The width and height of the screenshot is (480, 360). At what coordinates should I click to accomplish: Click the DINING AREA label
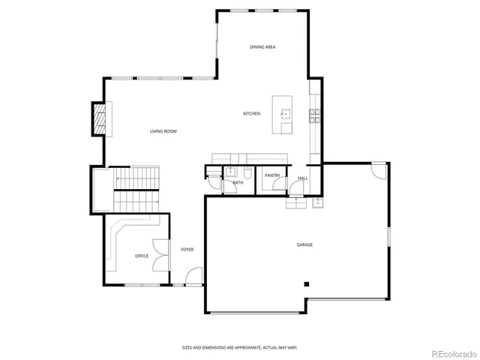click(262, 47)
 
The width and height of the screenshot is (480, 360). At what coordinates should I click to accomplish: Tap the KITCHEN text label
click(251, 113)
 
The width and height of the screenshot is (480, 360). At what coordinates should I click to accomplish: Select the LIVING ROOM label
click(163, 131)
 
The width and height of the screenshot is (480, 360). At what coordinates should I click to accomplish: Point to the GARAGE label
click(304, 244)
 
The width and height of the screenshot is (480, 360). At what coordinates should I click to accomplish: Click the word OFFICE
click(142, 256)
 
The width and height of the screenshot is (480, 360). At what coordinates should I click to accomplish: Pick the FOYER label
click(187, 250)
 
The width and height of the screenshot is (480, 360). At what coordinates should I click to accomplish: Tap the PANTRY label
click(271, 175)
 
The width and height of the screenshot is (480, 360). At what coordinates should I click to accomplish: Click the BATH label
click(238, 182)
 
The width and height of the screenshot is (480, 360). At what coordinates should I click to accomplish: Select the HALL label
click(303, 178)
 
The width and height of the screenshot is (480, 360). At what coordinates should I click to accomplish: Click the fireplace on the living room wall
click(98, 118)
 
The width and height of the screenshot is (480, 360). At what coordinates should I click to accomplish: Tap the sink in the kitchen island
click(286, 114)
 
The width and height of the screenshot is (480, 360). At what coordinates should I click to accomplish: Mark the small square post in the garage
click(306, 283)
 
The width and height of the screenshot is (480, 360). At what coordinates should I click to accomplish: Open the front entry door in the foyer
click(193, 278)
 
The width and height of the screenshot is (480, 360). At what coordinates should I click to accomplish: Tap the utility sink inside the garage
click(317, 202)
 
